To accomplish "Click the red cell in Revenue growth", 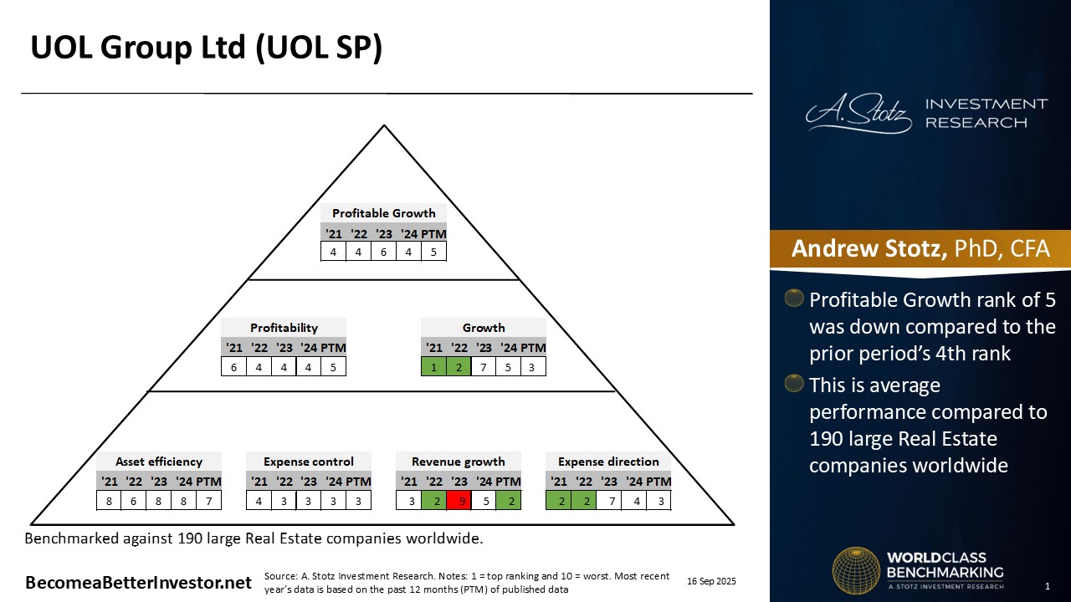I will pyautogui.click(x=459, y=501).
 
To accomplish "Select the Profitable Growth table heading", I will pyautogui.click(x=383, y=213).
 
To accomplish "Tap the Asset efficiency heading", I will pyautogui.click(x=159, y=462).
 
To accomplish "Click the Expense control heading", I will pyautogui.click(x=309, y=462).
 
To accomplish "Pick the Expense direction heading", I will pyautogui.click(x=608, y=462).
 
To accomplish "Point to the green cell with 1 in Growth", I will pyautogui.click(x=433, y=366).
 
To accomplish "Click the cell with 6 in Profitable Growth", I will pyautogui.click(x=383, y=252).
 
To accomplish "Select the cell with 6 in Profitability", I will pyautogui.click(x=233, y=366).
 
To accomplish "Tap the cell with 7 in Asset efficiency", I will pyautogui.click(x=208, y=501).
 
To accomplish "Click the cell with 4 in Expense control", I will pyautogui.click(x=259, y=501).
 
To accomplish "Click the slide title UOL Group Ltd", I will pyautogui.click(x=206, y=48).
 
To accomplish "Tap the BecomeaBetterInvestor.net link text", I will pyautogui.click(x=138, y=583).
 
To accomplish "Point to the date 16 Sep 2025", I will pyautogui.click(x=711, y=581).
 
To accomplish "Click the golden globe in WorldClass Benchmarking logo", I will pyautogui.click(x=855, y=570).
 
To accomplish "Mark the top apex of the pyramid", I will pyautogui.click(x=384, y=126).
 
